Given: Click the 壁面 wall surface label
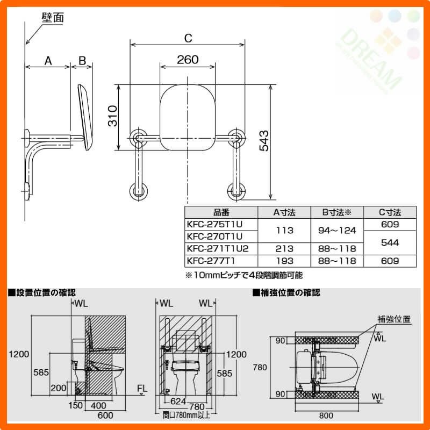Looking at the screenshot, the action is tap(53, 18).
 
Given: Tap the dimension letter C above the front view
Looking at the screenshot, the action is tap(188, 38).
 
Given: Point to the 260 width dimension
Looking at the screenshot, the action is tap(188, 60).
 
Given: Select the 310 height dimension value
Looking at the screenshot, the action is tap(113, 116).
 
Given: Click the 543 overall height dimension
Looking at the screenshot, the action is tap(264, 141).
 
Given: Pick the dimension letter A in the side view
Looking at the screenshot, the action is tap(48, 61).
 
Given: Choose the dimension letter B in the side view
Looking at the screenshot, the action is tap(82, 61).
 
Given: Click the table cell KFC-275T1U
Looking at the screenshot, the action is tap(214, 224).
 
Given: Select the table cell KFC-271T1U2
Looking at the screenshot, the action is tap(218, 248).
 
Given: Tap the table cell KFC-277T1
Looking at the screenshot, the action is tap(211, 261).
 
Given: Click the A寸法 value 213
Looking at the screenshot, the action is tap(284, 248).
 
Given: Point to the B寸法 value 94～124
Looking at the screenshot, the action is tap(337, 231).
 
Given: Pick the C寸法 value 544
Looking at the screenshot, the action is tap(390, 242).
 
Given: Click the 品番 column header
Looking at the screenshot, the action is tap(221, 212).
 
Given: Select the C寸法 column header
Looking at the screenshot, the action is tap(390, 212).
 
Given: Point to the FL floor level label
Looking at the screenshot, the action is tap(142, 388).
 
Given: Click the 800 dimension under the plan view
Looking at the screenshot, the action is tap(326, 415).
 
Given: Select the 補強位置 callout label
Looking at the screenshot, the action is tap(394, 319).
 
